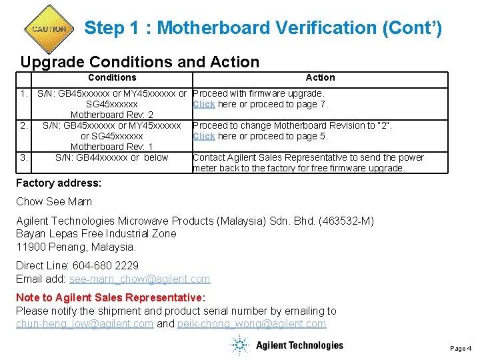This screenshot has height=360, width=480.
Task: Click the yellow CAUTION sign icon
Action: (49, 29)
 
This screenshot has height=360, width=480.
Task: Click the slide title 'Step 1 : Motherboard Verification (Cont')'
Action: (263, 28)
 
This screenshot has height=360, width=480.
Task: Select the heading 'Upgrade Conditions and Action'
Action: (139, 62)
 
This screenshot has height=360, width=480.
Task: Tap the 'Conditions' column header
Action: (112, 77)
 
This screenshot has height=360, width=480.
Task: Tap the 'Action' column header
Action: (320, 77)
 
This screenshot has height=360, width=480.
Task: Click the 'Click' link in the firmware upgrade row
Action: (203, 104)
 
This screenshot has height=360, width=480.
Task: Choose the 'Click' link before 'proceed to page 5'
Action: (203, 136)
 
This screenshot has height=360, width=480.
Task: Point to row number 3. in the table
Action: (24, 157)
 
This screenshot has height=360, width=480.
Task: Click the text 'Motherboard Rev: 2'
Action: (112, 115)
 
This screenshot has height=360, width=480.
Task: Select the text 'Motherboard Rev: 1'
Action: (112, 147)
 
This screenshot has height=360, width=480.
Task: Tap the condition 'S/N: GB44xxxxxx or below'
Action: (112, 157)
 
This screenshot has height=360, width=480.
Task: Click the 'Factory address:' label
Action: (59, 183)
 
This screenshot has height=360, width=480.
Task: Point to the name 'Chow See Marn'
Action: (54, 201)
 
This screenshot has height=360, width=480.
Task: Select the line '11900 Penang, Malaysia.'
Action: (76, 247)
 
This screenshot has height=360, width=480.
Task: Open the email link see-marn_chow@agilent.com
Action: (139, 279)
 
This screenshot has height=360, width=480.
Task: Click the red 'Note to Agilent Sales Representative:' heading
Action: (111, 297)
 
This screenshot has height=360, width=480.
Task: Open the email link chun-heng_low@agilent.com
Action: (85, 324)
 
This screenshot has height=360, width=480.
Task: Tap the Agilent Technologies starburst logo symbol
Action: (239, 345)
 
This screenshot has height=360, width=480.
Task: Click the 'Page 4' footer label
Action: (461, 348)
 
